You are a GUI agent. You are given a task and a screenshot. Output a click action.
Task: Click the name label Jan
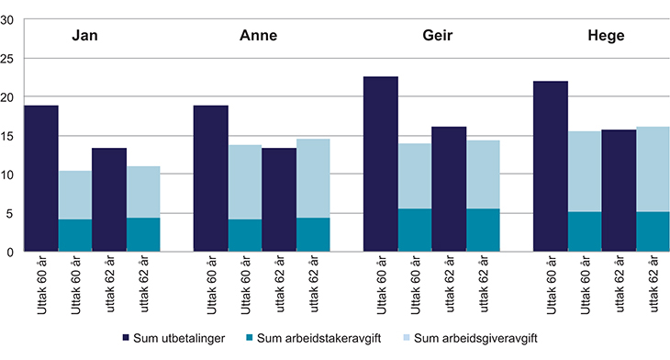[85, 38]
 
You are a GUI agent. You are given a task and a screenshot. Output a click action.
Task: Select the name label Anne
[258, 38]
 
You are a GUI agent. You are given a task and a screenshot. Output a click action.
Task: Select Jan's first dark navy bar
[40, 178]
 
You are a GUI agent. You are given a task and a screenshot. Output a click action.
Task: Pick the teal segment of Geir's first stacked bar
[415, 230]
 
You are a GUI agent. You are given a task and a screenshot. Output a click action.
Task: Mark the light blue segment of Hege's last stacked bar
[653, 169]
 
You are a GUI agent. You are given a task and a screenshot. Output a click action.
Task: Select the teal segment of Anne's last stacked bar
[313, 234]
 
